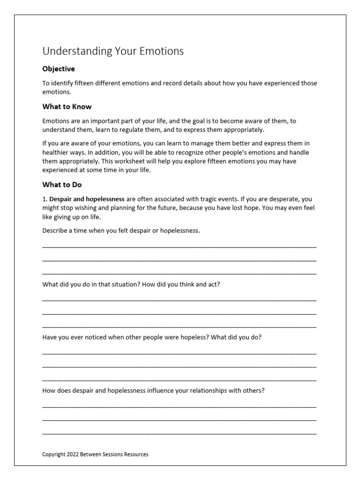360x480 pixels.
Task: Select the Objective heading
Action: click(x=59, y=69)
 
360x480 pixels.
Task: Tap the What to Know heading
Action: click(x=67, y=106)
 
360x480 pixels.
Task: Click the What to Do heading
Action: click(x=62, y=185)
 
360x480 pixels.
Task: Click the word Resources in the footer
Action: click(x=135, y=454)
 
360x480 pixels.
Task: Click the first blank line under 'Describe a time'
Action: click(x=179, y=246)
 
